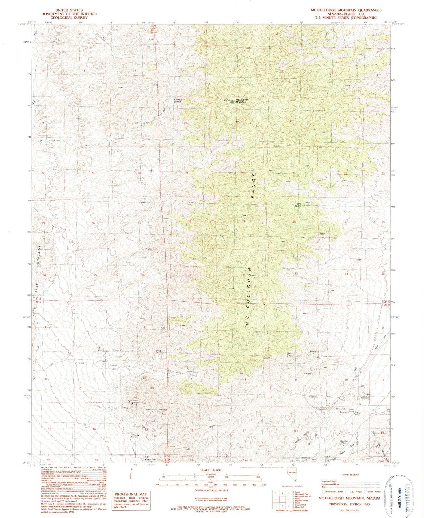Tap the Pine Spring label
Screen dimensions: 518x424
[298, 205]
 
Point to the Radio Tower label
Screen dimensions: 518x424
[290, 354]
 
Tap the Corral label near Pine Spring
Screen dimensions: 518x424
[308, 203]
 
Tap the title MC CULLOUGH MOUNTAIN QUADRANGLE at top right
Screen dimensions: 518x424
[346, 10]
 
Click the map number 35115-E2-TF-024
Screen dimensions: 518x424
[350, 511]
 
